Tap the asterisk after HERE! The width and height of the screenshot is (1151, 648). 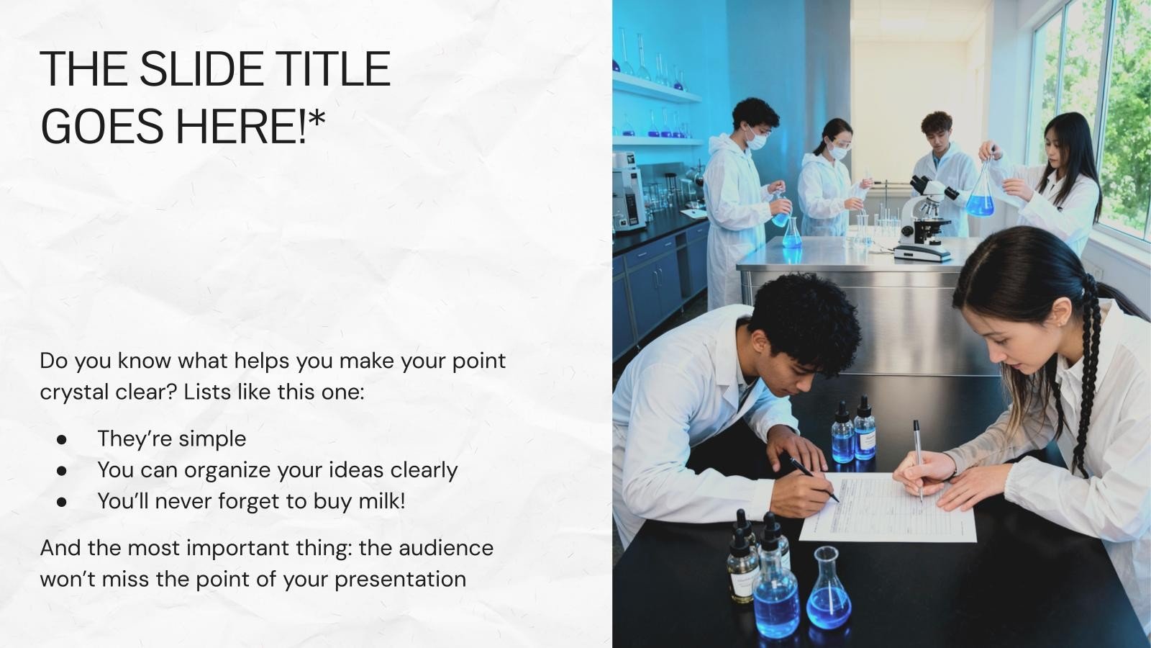pos(317,117)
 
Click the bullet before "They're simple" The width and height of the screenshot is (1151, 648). pos(62,440)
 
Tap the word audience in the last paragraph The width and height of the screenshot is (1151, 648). pos(446,548)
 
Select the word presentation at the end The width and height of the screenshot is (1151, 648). pos(400,580)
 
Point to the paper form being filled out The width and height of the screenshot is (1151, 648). pos(888,507)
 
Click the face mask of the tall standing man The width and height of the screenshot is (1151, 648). pos(756,140)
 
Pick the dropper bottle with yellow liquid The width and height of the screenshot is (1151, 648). pos(742,566)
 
